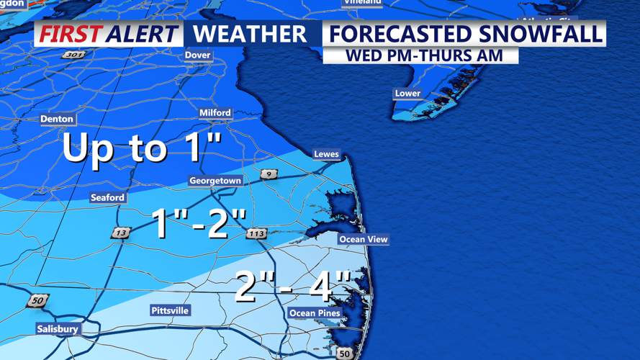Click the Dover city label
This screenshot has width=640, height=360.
pyautogui.click(x=197, y=55)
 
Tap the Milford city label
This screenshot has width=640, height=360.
pyautogui.click(x=215, y=112)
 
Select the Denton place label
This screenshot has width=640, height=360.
pyautogui.click(x=57, y=119)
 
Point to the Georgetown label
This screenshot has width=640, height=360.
pyautogui.click(x=215, y=181)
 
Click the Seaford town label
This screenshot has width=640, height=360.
pyautogui.click(x=107, y=197)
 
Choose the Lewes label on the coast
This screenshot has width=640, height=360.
pyautogui.click(x=326, y=154)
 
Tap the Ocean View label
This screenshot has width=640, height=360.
pyautogui.click(x=364, y=239)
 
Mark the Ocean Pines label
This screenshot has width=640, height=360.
pyautogui.click(x=315, y=313)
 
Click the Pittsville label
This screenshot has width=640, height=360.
pyautogui.click(x=170, y=310)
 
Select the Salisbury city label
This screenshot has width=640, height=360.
pyautogui.click(x=58, y=329)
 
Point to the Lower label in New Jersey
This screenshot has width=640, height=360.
pyautogui.click(x=407, y=93)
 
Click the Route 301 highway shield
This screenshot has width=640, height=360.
pyautogui.click(x=73, y=55)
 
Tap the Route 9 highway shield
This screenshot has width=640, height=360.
pyautogui.click(x=269, y=174)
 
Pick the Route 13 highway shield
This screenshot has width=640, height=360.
pyautogui.click(x=120, y=233)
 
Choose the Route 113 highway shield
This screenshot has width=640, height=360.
pyautogui.click(x=256, y=233)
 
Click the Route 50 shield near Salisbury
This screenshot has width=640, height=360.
pyautogui.click(x=37, y=301)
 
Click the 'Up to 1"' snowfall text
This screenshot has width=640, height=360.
pyautogui.click(x=142, y=148)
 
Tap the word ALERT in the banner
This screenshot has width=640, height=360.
pyautogui.click(x=140, y=34)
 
